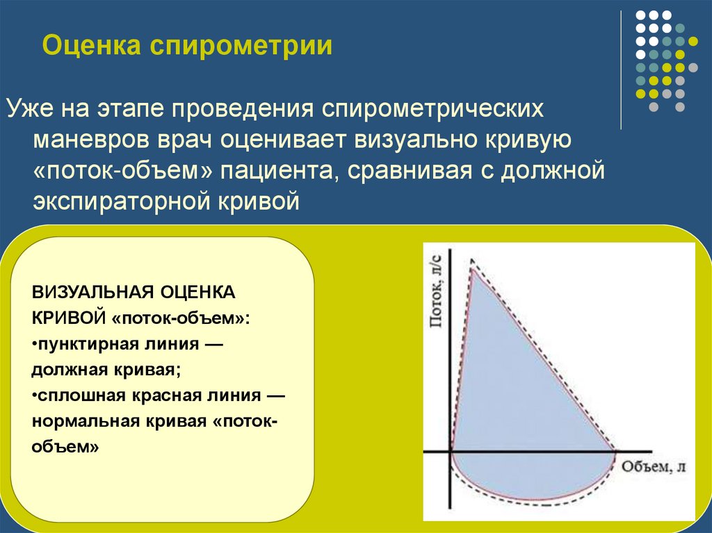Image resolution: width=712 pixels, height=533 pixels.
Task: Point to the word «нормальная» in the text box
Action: (x=84, y=422)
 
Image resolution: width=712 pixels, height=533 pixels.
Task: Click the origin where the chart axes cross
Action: (x=451, y=451)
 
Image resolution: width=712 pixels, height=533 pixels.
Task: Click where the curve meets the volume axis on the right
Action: (x=615, y=451)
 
